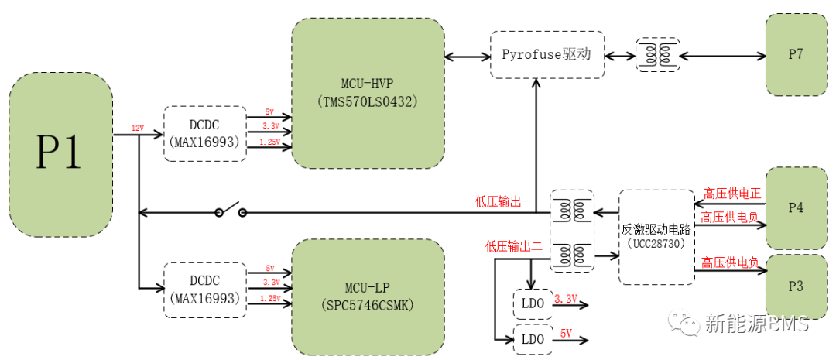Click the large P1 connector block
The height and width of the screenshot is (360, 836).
pos(60,155)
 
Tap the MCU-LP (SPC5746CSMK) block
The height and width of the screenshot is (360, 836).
pos(368,297)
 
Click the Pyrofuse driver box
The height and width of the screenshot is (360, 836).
pos(546,54)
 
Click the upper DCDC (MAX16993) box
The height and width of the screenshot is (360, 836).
pos(204,134)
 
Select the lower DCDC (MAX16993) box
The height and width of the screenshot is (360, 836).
pos(204,289)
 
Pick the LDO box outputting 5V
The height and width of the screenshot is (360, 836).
pos(533,339)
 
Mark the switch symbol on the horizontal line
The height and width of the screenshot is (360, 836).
pos(230,211)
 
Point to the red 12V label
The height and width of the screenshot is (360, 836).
pos(137,128)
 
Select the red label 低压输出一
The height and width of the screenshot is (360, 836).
pos(504,203)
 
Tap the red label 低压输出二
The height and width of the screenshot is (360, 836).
pos(513,247)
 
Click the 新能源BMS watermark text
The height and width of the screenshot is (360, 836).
pos(755,324)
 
